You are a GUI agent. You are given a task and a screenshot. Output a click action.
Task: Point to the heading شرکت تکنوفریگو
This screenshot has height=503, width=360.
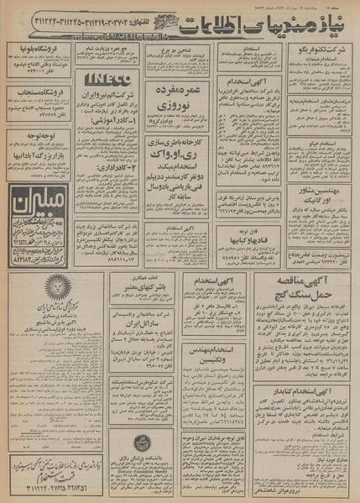tap(320, 50)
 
